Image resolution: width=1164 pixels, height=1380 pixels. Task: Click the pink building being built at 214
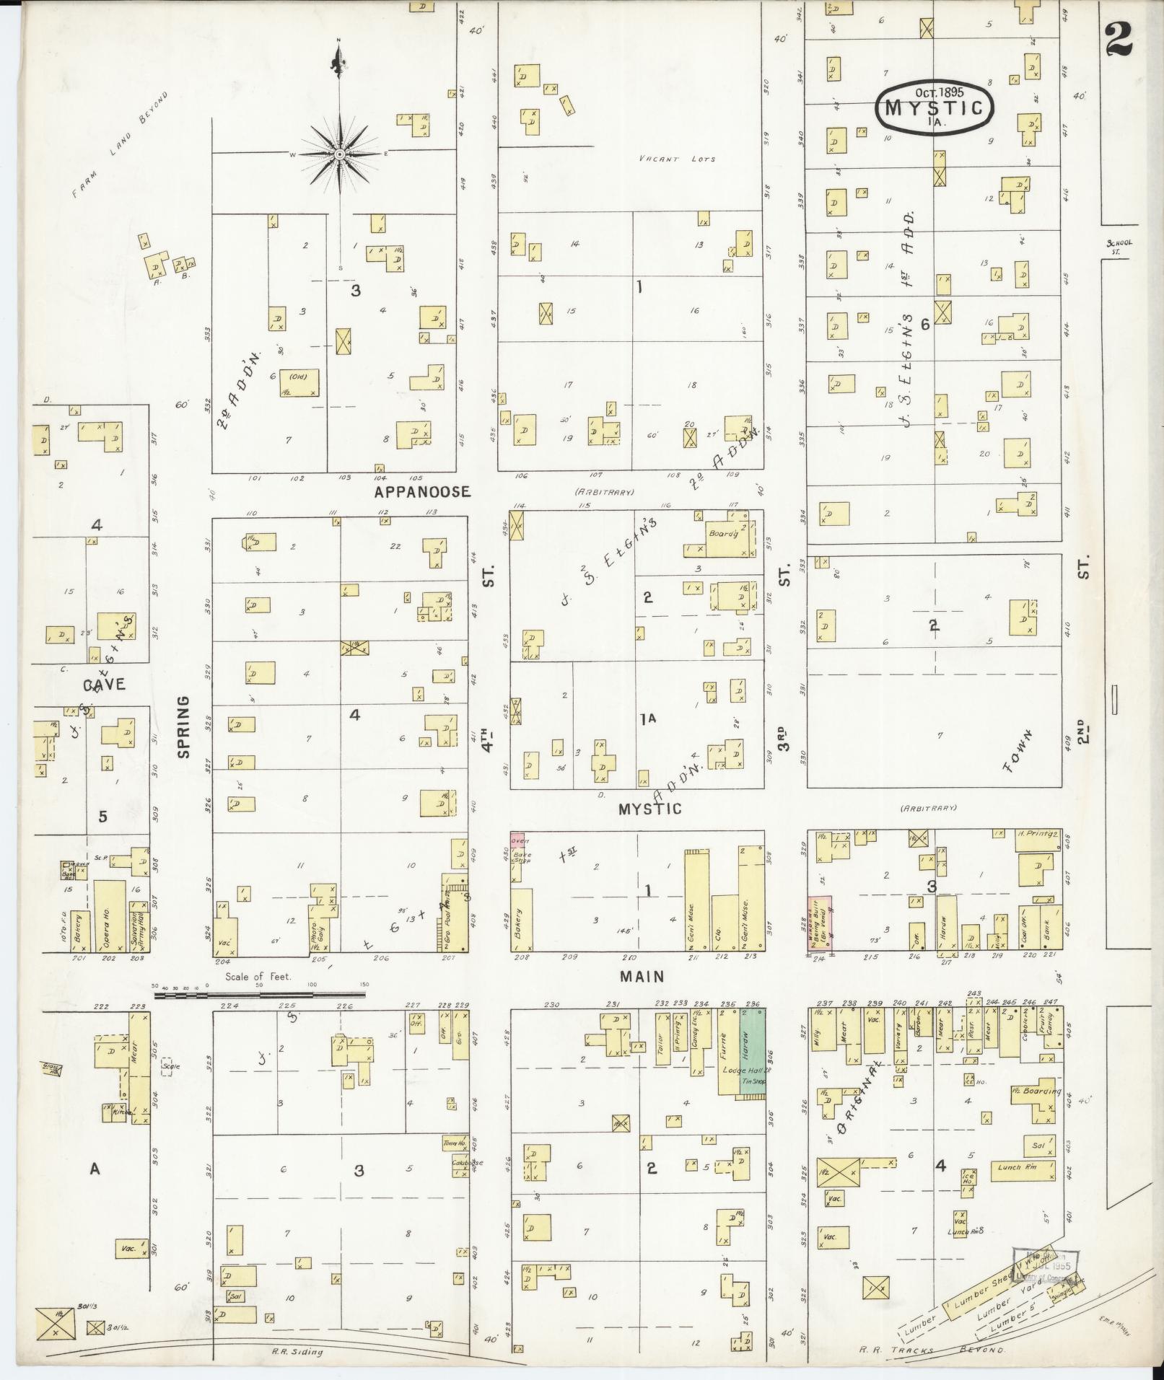click(x=818, y=923)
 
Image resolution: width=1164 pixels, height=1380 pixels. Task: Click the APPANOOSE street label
click(x=422, y=492)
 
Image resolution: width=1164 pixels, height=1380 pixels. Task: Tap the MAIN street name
click(x=642, y=976)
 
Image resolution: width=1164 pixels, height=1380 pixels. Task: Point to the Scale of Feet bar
click(x=260, y=995)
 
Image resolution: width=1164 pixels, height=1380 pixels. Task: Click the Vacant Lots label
click(x=677, y=159)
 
